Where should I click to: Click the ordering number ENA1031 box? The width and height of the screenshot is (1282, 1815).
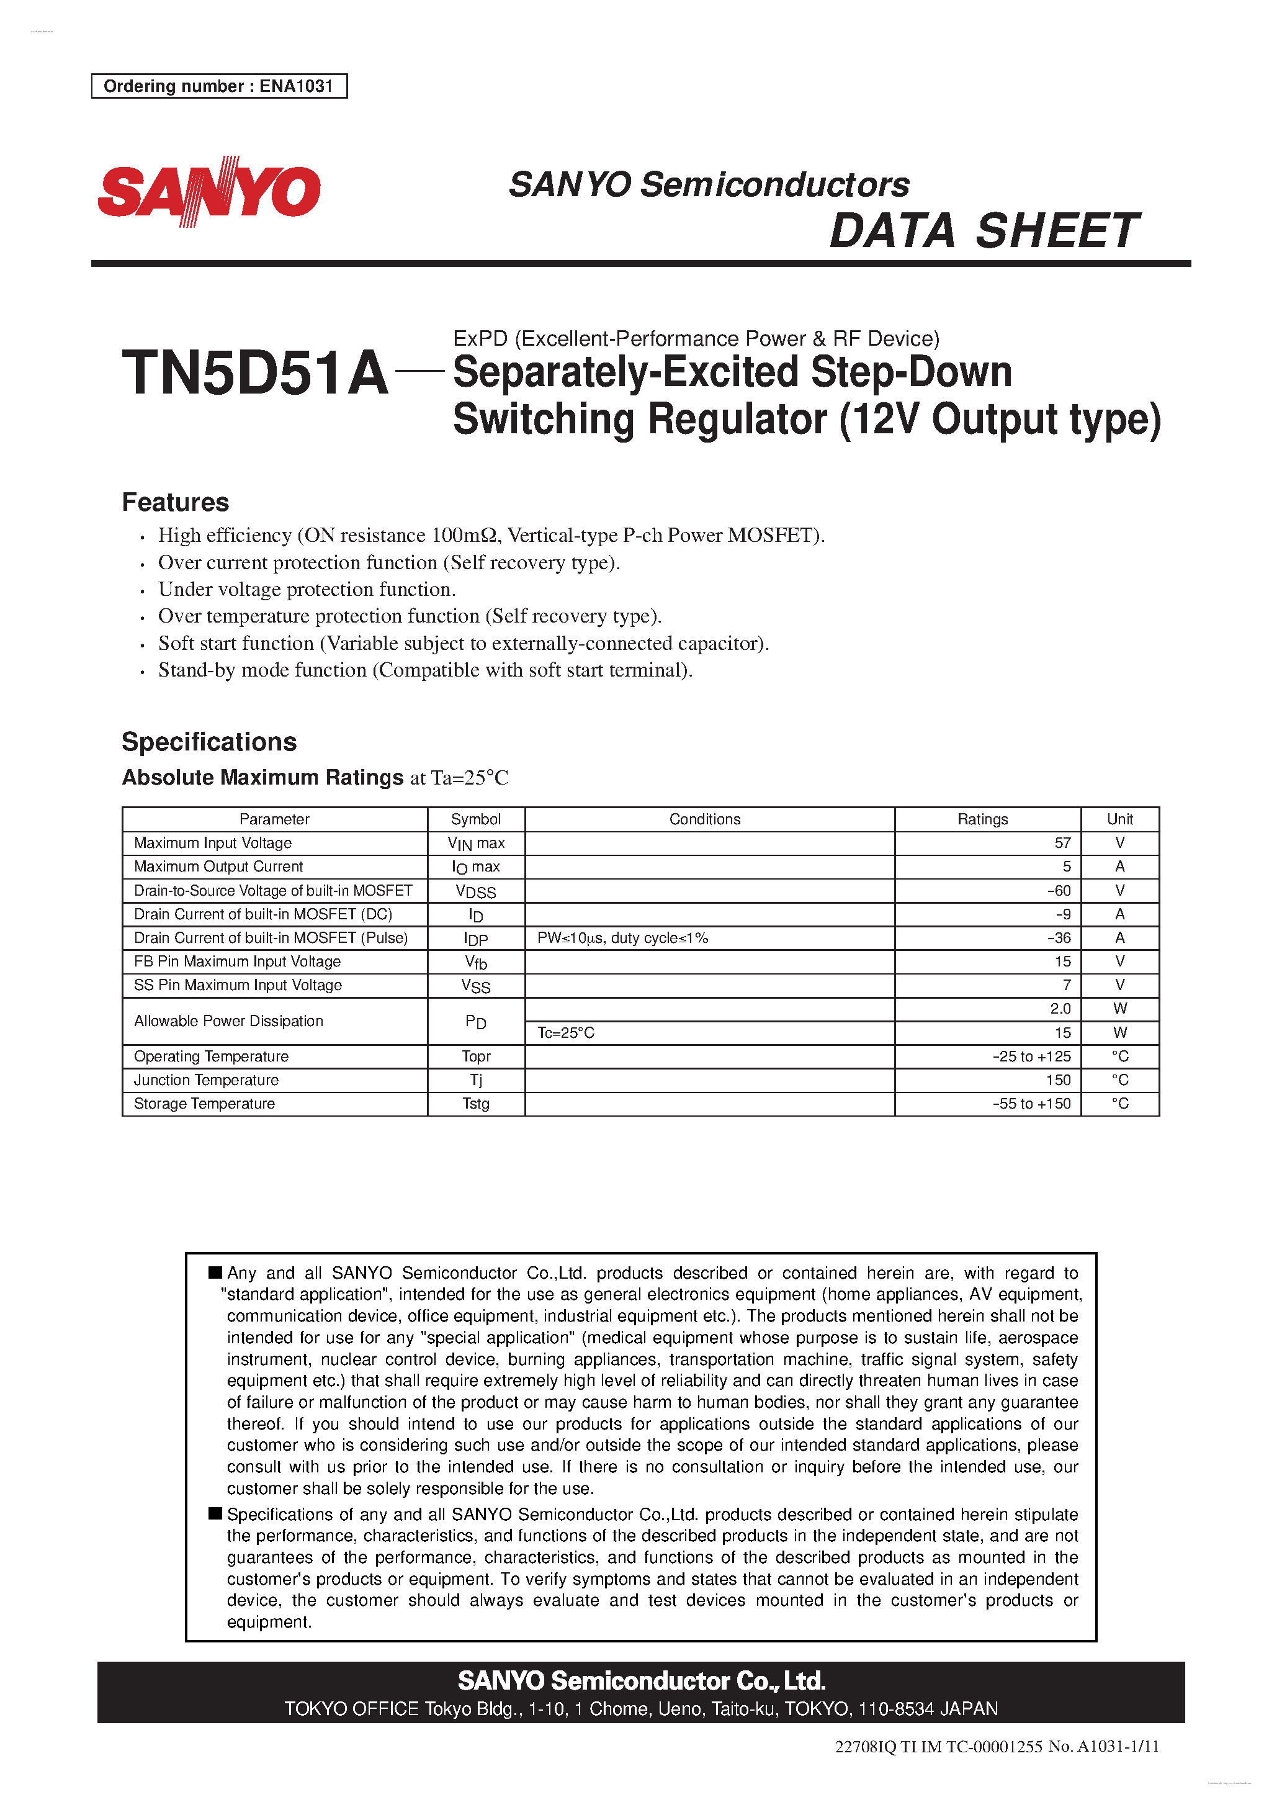(219, 86)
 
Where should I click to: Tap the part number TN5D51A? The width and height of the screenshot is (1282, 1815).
(254, 373)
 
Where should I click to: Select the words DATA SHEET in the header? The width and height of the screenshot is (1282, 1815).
(984, 232)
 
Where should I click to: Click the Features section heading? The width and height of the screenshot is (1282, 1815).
(176, 502)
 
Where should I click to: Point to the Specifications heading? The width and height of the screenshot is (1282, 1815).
(210, 742)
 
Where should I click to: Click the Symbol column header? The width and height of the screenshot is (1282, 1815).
(475, 819)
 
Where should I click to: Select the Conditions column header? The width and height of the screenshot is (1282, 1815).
(704, 819)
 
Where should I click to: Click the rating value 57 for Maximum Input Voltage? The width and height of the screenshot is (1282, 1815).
(1062, 843)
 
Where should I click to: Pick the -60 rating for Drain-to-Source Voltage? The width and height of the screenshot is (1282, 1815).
(1059, 890)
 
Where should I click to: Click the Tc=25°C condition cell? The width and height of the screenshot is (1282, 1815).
(566, 1032)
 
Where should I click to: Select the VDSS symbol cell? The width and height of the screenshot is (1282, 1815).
(476, 891)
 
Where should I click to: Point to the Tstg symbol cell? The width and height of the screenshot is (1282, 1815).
(476, 1104)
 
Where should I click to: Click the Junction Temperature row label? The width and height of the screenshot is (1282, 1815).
(206, 1080)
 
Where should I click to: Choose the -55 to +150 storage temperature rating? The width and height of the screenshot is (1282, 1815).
(1031, 1104)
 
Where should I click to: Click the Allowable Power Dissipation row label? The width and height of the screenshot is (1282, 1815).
(228, 1020)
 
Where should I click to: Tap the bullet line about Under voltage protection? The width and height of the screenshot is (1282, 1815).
(307, 589)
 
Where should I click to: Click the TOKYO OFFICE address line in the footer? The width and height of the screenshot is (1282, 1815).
(641, 1708)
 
